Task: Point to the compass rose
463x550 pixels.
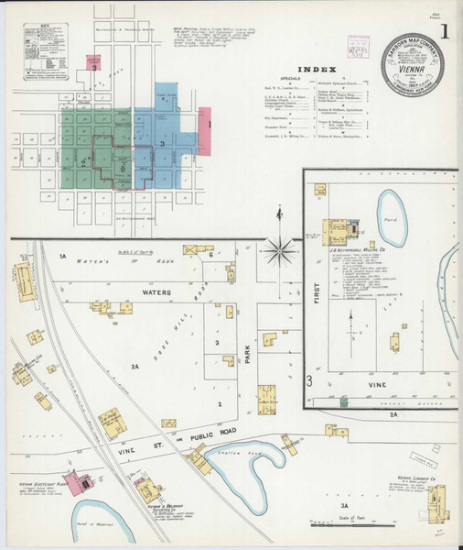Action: coord(279,246)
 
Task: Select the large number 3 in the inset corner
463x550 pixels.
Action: coord(310,379)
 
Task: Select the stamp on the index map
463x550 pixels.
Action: coord(359,48)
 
